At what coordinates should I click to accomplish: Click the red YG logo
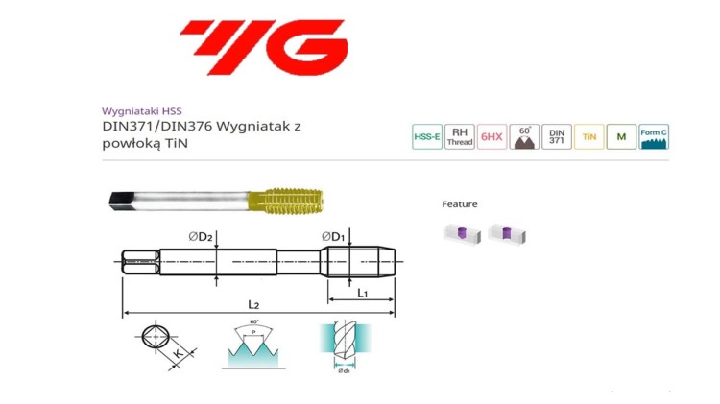click(x=263, y=47)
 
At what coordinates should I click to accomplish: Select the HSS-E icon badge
click(x=426, y=137)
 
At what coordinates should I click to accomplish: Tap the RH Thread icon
click(x=460, y=137)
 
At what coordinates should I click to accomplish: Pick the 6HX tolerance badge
click(x=492, y=137)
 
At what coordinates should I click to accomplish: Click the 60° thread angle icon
click(x=524, y=137)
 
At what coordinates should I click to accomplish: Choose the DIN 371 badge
click(x=557, y=137)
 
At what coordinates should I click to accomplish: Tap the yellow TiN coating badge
click(x=588, y=137)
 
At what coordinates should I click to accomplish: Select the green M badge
click(x=621, y=137)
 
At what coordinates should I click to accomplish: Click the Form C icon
click(x=654, y=137)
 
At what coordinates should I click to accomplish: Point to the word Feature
click(x=459, y=204)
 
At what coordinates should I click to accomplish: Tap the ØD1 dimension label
click(x=333, y=236)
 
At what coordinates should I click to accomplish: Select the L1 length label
click(x=362, y=293)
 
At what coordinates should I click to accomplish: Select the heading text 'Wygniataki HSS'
click(x=140, y=110)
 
